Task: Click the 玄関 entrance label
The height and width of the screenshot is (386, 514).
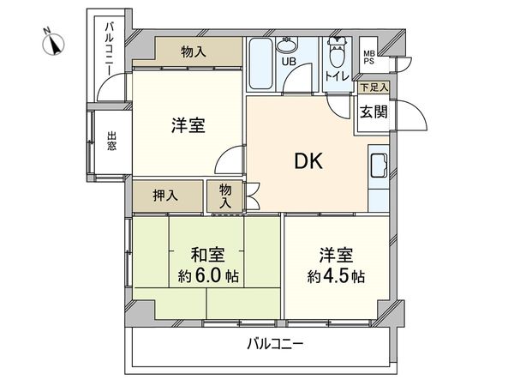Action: point(372,111)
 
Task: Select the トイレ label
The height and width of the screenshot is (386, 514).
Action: point(337,77)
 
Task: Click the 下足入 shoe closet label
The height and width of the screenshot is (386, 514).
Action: point(373,87)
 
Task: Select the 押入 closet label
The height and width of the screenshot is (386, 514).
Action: point(166,196)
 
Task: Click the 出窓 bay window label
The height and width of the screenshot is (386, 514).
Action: point(112,140)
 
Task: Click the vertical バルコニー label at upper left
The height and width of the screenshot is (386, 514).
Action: point(110,48)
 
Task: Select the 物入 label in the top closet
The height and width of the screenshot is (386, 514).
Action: point(194,52)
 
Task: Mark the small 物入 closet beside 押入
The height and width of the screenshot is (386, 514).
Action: point(225,196)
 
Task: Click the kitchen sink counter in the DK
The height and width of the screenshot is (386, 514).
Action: point(379,168)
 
